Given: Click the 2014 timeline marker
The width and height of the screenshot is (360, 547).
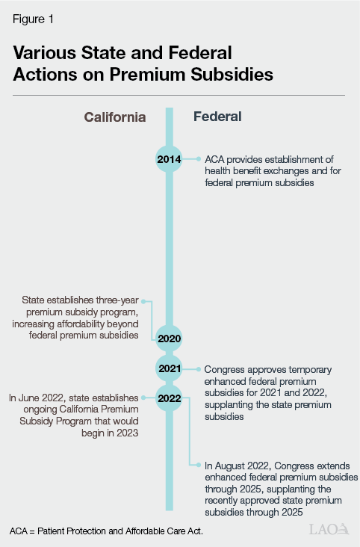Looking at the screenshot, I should click(169, 159).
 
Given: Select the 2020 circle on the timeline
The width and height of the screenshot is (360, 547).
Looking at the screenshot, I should click(169, 339).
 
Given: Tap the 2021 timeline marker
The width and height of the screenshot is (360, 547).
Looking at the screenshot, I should click(169, 368).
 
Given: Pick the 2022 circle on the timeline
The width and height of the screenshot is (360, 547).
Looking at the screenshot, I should click(169, 398).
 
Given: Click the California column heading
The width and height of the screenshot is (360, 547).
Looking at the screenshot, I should click(114, 117).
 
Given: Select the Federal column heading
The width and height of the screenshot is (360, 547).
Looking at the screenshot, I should click(217, 117).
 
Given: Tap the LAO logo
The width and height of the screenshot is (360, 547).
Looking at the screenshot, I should click(329, 529).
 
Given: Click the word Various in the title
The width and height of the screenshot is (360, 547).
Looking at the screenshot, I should click(46, 53).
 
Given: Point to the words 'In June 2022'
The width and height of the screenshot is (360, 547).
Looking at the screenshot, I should click(37, 398).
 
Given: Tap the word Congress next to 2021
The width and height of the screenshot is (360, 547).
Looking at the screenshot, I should click(227, 369).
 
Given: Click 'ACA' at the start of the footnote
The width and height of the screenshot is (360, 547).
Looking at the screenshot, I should click(20, 531).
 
